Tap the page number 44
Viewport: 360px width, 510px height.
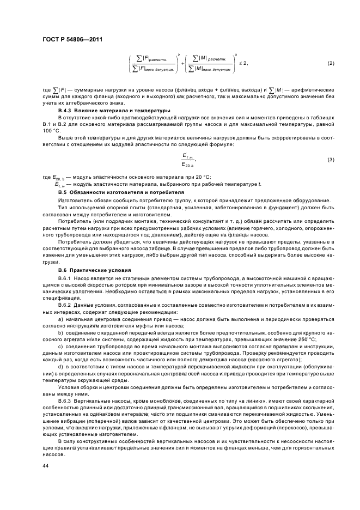[45, 466]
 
